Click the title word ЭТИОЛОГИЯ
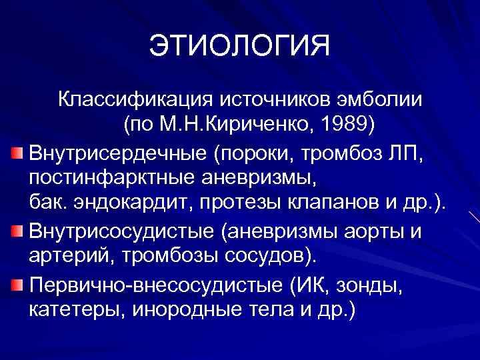239,47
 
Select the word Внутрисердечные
117,154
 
